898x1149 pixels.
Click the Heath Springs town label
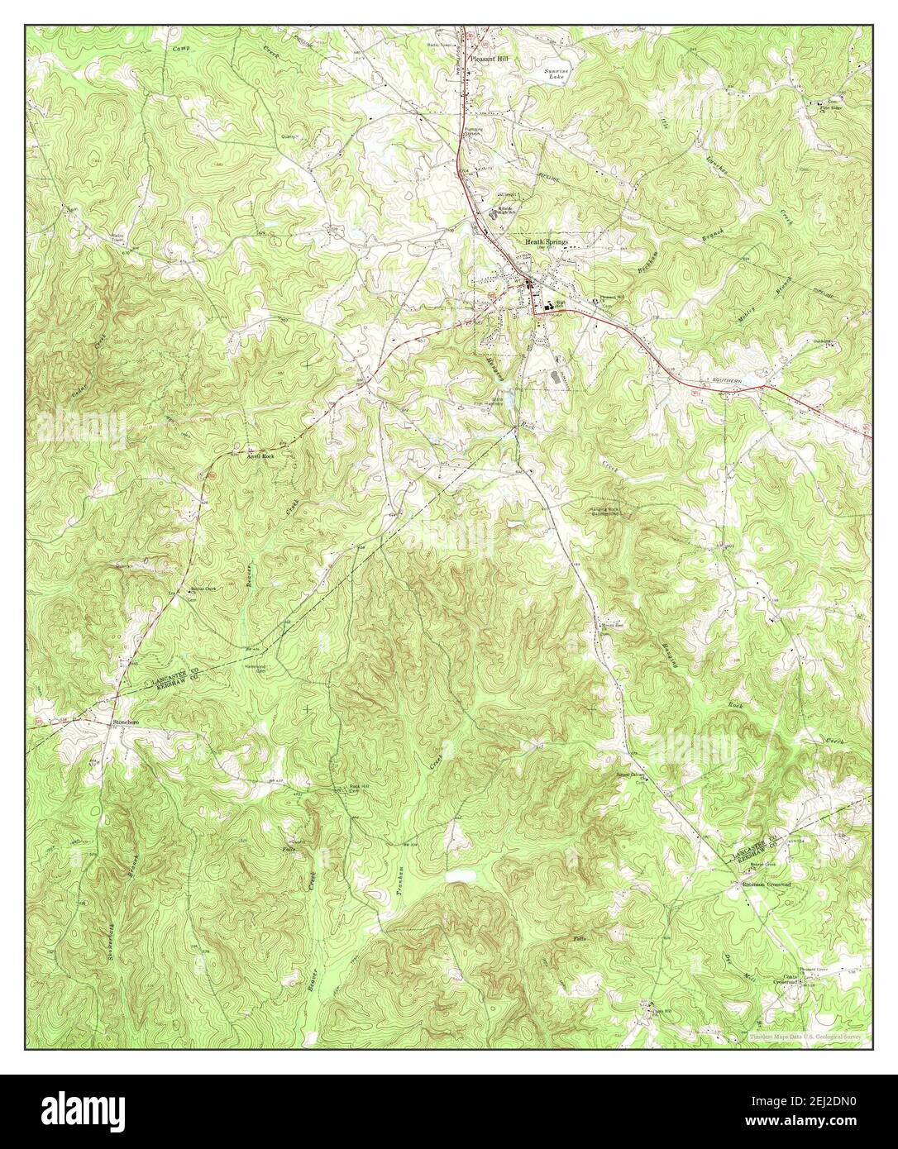(547, 241)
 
